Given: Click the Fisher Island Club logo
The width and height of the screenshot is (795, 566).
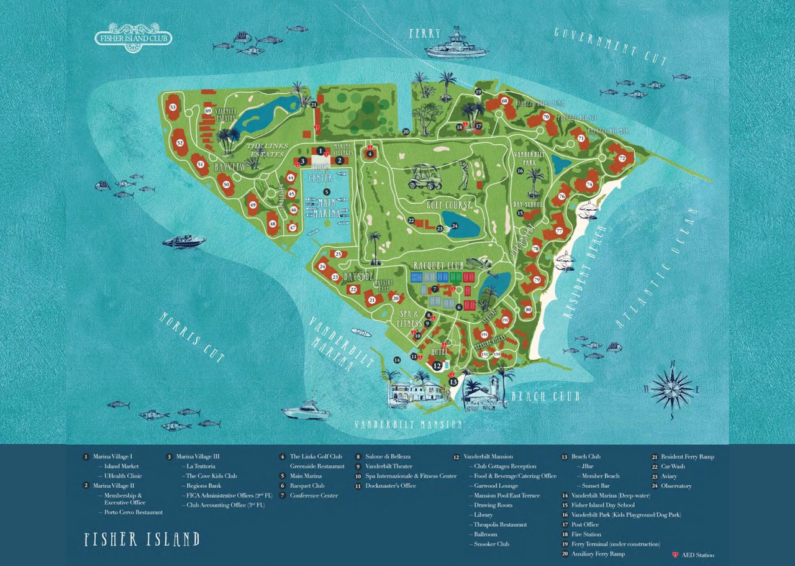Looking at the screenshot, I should pyautogui.click(x=134, y=36).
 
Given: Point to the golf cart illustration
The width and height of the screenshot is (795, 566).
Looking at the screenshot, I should pyautogui.click(x=424, y=177).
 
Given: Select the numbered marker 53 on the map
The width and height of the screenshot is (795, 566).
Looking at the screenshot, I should pyautogui.click(x=173, y=107).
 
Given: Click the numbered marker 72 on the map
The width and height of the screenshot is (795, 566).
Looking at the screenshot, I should pyautogui.click(x=622, y=158).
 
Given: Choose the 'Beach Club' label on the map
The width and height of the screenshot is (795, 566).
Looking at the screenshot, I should pyautogui.click(x=545, y=396).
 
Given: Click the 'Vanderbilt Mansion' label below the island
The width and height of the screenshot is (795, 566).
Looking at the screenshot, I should pyautogui.click(x=408, y=425).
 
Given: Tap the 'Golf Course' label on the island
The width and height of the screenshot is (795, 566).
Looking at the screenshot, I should pyautogui.click(x=449, y=204).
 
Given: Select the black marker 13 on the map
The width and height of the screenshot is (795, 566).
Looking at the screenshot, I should pyautogui.click(x=453, y=381).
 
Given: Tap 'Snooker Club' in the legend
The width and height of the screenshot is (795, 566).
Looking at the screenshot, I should pyautogui.click(x=491, y=544).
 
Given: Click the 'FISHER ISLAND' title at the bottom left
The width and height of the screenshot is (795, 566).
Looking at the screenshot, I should pyautogui.click(x=142, y=539).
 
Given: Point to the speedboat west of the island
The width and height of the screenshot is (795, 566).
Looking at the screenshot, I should pyautogui.click(x=184, y=241).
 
